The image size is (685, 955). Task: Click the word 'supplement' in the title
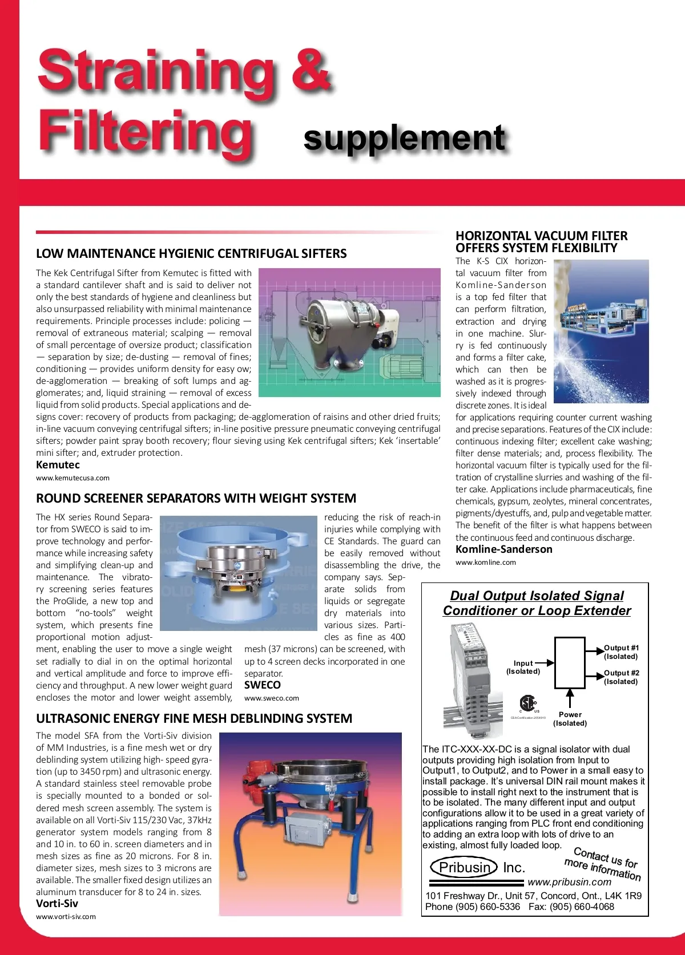point(404,139)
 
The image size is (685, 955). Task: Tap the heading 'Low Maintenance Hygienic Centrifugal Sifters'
point(191,253)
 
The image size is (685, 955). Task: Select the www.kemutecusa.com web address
point(72,478)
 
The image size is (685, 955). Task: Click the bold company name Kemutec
point(58,465)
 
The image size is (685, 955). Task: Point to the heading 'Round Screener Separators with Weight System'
point(196,498)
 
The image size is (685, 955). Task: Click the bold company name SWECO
point(263,685)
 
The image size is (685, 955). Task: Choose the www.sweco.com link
point(272,698)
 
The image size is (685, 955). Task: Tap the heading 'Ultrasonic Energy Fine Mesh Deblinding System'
point(194,718)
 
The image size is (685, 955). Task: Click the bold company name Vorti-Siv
point(57,904)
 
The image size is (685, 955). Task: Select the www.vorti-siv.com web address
point(66,917)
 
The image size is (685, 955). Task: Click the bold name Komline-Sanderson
point(504,549)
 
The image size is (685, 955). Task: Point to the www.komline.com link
point(486,563)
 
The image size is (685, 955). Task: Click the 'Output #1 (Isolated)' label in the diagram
point(621,652)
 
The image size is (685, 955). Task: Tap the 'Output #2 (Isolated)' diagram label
point(621,677)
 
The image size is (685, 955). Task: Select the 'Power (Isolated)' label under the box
point(570,719)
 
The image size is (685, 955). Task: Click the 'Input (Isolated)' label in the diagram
point(523,667)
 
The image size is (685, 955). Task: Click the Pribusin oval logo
point(464,868)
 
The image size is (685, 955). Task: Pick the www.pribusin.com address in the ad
point(569,882)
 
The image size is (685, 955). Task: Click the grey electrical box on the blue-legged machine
point(303,828)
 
